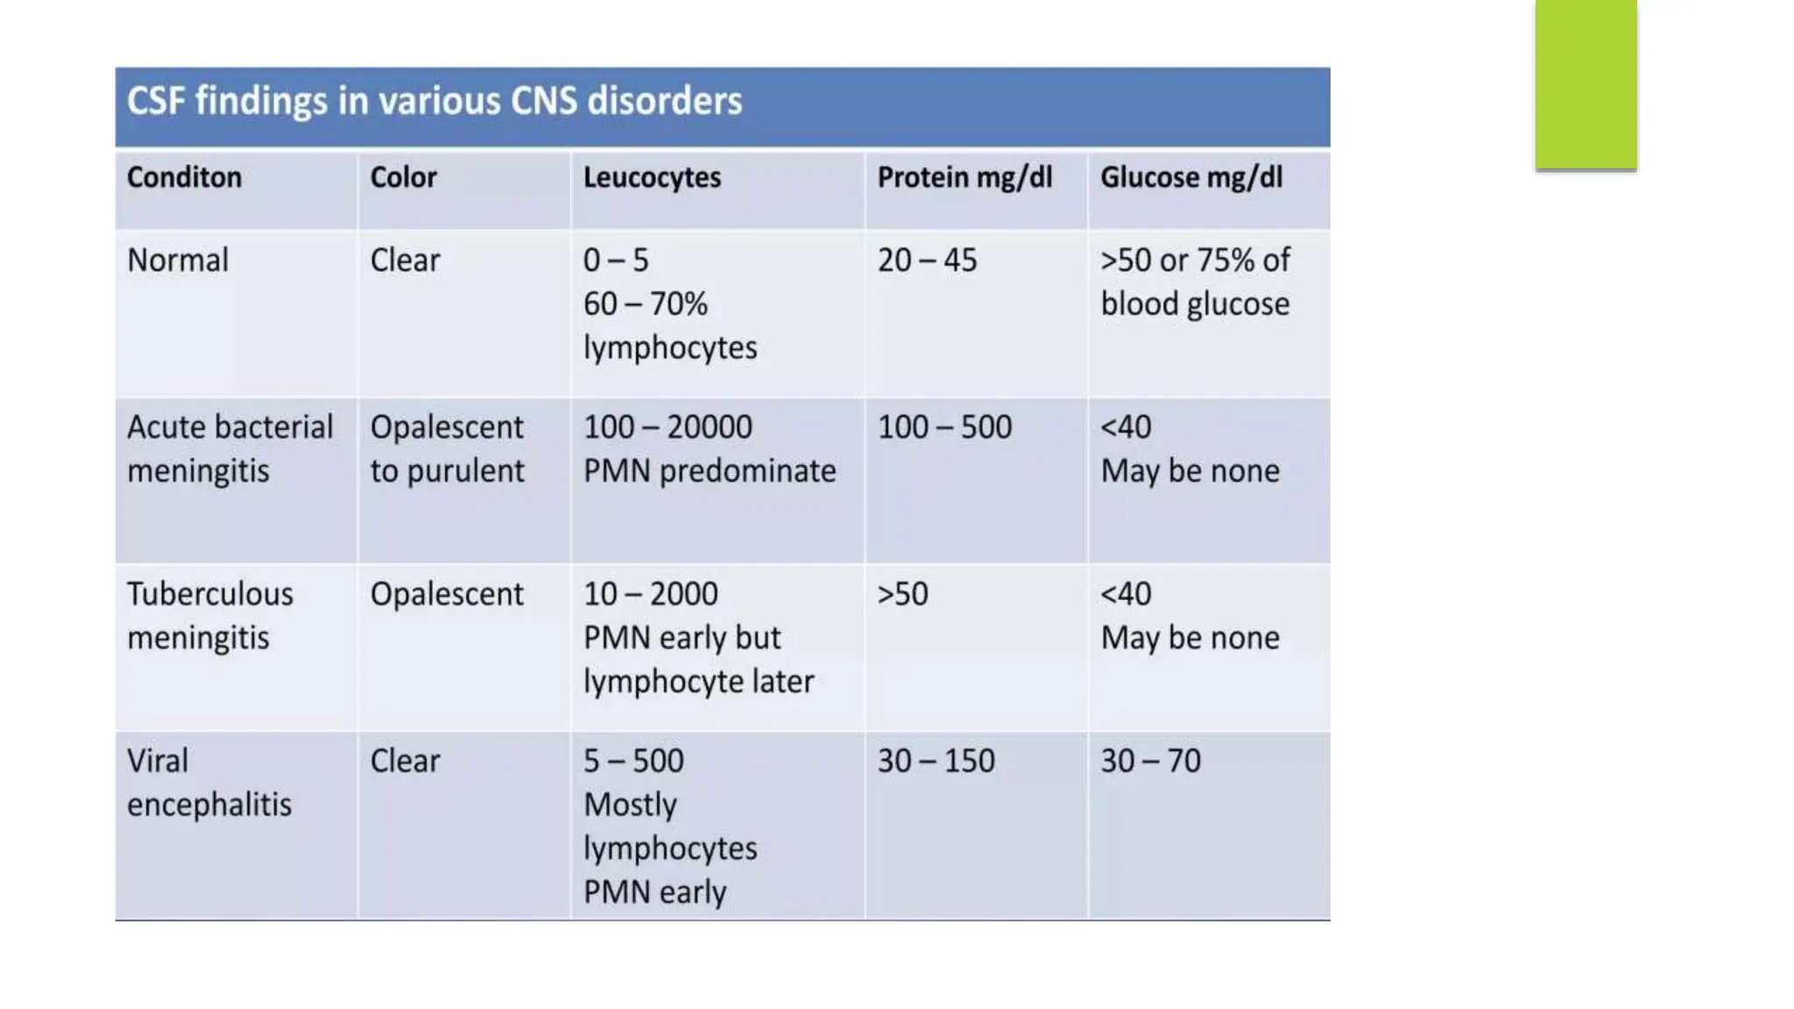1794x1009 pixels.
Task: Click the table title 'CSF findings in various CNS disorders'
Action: tap(434, 102)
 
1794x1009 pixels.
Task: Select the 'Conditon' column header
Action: tap(184, 178)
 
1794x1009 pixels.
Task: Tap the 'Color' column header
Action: tap(403, 178)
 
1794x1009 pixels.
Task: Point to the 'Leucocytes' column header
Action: tap(652, 178)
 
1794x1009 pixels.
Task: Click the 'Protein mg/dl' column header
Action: tap(964, 178)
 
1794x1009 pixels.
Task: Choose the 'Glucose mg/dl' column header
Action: tap(1191, 178)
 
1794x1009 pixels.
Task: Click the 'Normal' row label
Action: tap(178, 260)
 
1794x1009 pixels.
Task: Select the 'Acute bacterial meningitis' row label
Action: tap(230, 448)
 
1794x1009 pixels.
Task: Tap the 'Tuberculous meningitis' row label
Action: tap(210, 615)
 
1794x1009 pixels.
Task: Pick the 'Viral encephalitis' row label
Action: tap(208, 782)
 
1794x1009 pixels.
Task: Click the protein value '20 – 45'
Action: tap(927, 260)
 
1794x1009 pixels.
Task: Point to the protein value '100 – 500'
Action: tap(944, 427)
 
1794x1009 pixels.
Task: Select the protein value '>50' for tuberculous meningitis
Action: tap(902, 594)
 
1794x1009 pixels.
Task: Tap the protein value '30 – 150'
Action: tap(936, 760)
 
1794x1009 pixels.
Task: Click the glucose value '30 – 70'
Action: tap(1150, 760)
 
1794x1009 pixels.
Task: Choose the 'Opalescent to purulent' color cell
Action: tap(447, 448)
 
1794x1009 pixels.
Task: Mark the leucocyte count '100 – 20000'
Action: tap(667, 427)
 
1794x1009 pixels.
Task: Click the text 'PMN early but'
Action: tap(682, 638)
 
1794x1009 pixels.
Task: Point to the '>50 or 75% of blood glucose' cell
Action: tap(1195, 282)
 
